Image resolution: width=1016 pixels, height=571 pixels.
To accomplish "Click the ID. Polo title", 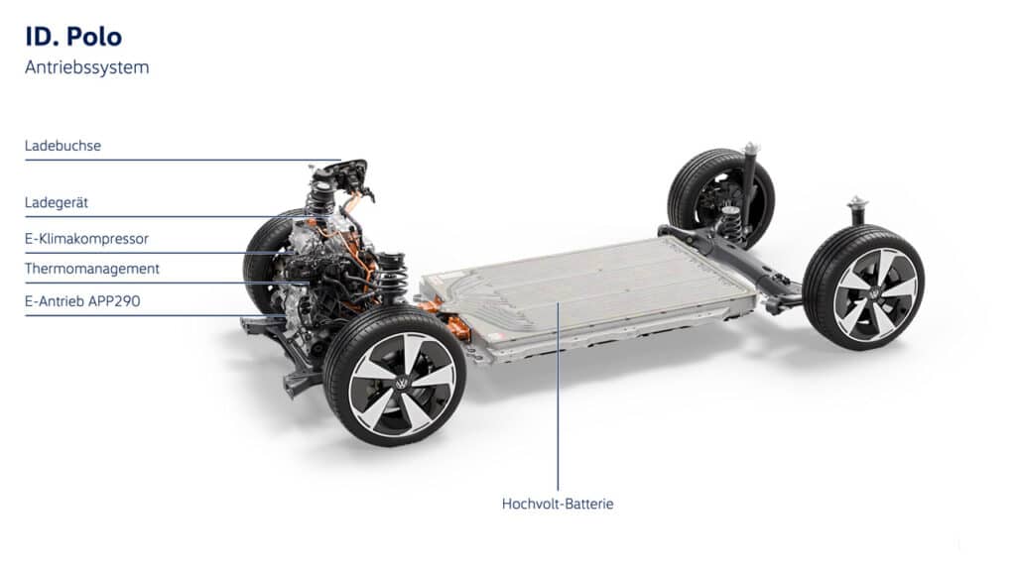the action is [x=73, y=37].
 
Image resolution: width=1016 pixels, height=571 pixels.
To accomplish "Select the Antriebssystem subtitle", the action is [x=87, y=67].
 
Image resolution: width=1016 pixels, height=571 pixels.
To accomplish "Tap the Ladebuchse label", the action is [x=63, y=146].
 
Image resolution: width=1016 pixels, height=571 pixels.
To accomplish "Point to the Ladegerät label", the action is [x=57, y=202].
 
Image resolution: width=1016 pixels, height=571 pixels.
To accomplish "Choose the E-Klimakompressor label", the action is [x=87, y=239].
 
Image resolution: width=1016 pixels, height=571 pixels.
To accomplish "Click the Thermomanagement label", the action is [x=92, y=269].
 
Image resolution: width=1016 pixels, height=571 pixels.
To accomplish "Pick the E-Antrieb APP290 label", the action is [x=82, y=301].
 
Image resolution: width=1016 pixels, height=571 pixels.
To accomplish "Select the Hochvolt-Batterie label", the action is [x=558, y=504].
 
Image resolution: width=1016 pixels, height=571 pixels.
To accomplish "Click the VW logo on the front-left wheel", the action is [x=403, y=384].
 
